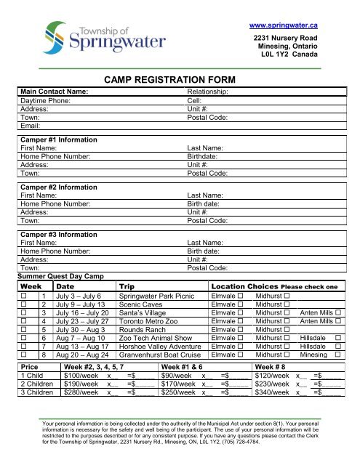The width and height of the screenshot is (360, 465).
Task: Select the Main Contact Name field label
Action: coord(55,92)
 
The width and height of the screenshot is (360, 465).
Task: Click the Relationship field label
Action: coord(209,92)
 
